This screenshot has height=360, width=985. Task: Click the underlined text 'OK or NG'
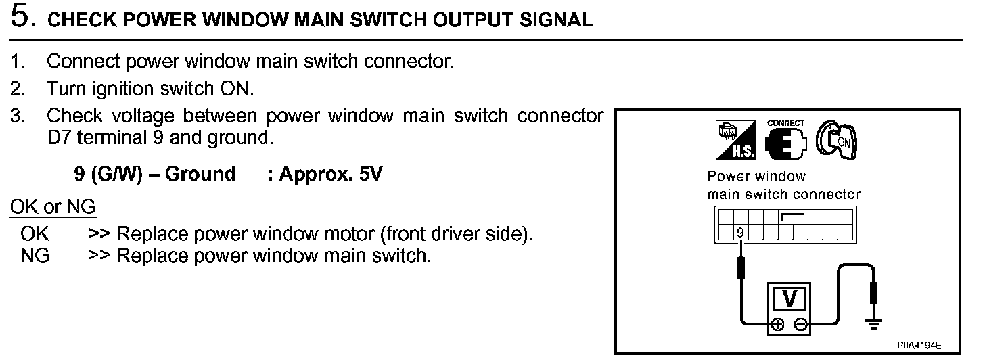pos(53,206)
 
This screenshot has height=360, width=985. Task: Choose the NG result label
pos(35,256)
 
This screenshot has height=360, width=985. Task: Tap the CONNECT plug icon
pos(785,141)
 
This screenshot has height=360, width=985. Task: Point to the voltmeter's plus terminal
pos(778,324)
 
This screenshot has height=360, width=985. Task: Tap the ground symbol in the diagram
pos(873,324)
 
